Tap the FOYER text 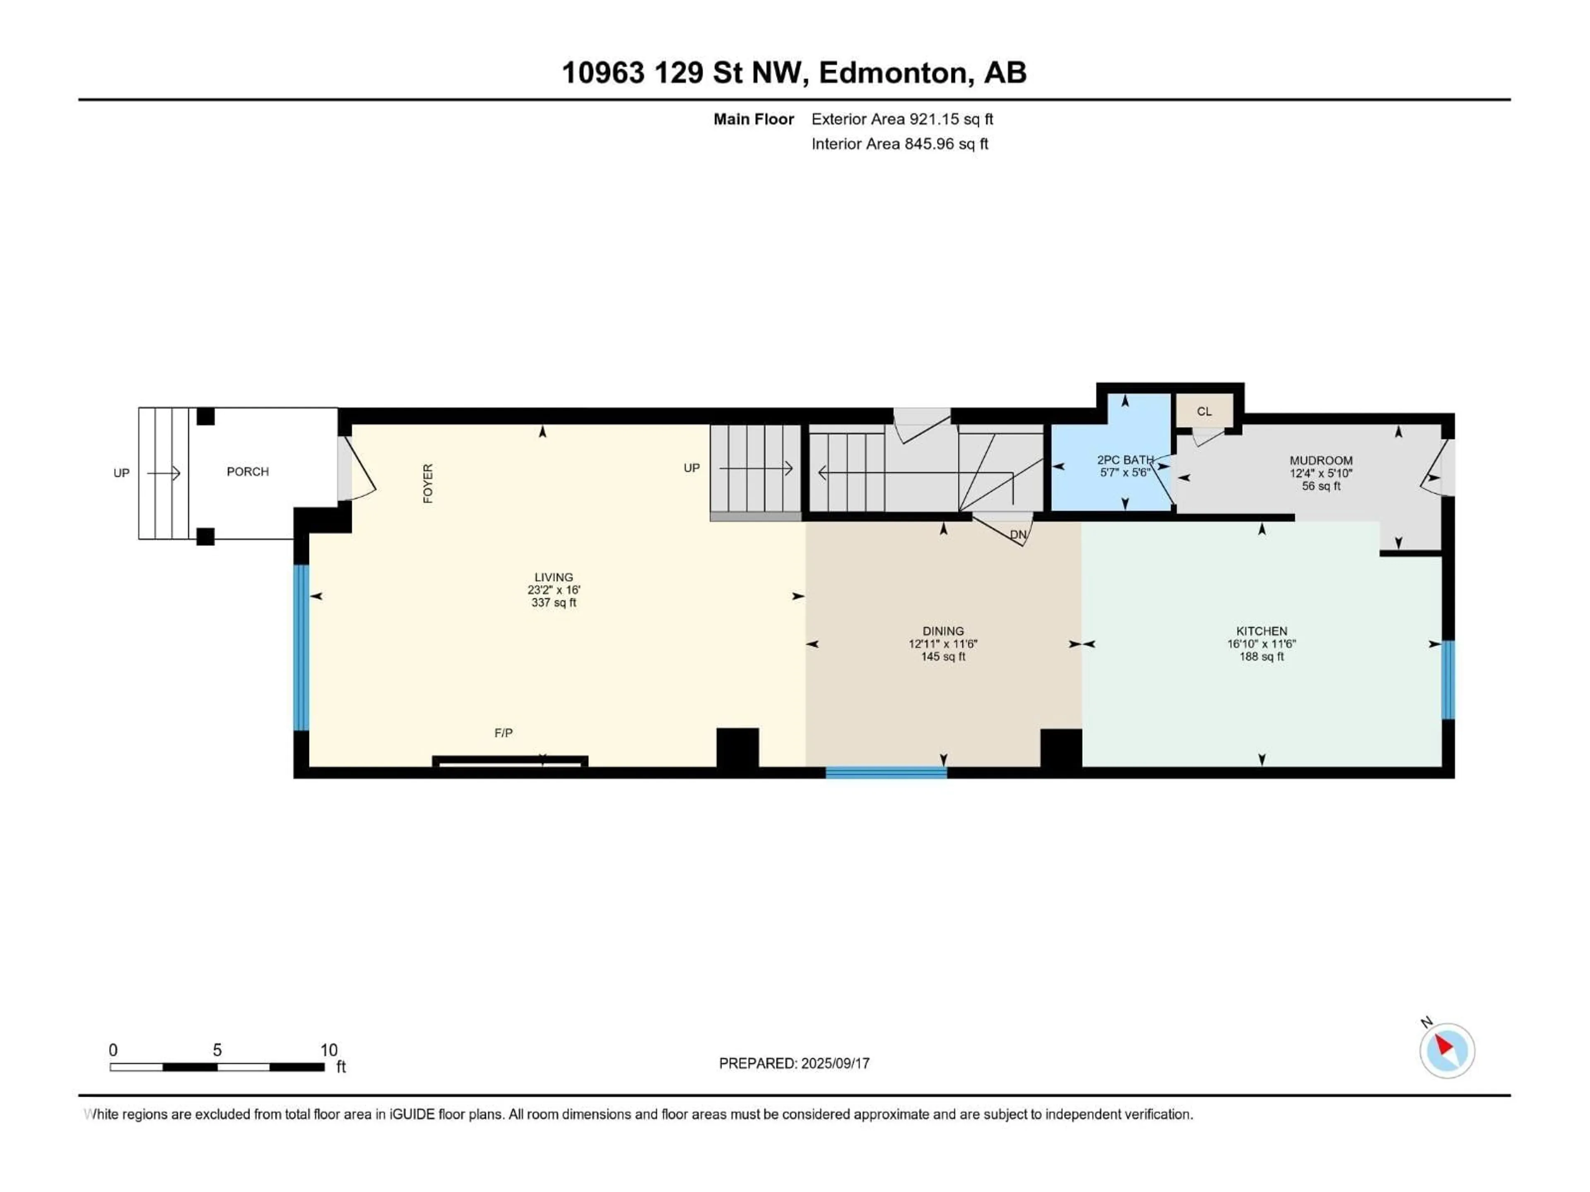click(x=428, y=483)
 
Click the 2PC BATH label click(x=1125, y=460)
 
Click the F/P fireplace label click(x=503, y=733)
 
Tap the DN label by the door click(x=1018, y=535)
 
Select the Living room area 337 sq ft click(x=554, y=603)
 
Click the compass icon click(x=1447, y=1050)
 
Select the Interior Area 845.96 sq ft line click(x=899, y=144)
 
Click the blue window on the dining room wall click(x=886, y=773)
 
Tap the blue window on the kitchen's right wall click(x=1448, y=680)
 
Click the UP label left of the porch click(x=121, y=473)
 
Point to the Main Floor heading click(x=753, y=119)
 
